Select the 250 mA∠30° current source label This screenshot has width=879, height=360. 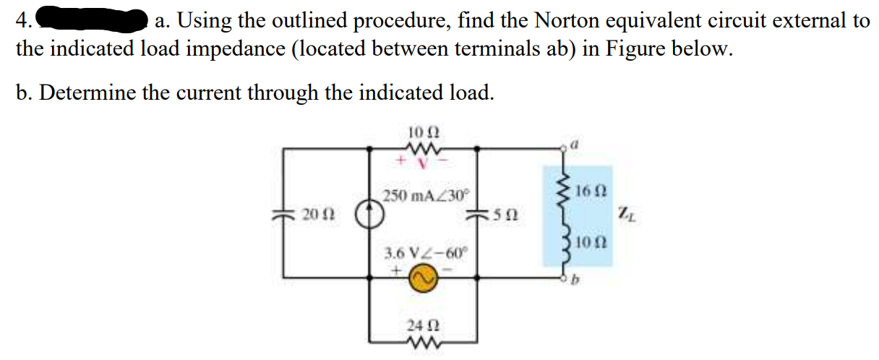tap(426, 195)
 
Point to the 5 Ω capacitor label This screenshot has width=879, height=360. tap(506, 215)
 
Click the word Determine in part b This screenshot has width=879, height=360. tap(86, 93)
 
